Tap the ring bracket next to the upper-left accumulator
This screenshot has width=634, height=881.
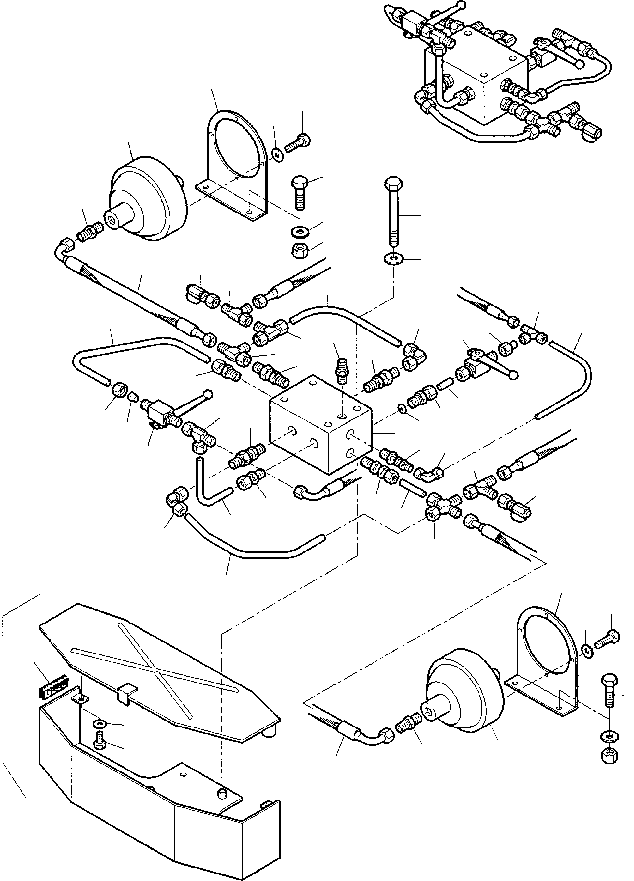click(233, 163)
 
